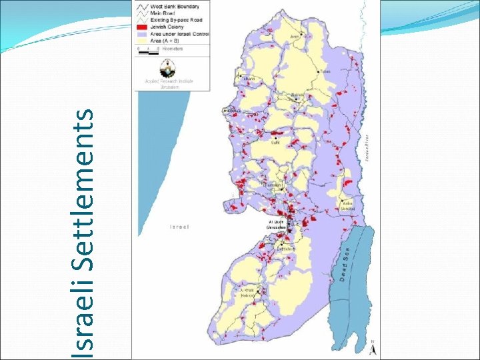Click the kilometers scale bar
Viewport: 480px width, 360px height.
(x=148, y=51)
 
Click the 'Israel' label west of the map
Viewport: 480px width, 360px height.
(x=179, y=227)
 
